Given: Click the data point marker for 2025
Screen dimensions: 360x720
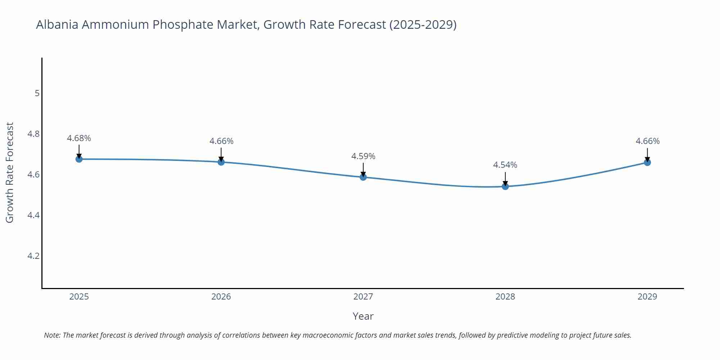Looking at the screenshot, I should (x=79, y=159).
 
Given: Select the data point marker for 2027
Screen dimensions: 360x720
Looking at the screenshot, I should (x=363, y=177).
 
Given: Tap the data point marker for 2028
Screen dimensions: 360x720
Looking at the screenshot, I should (x=505, y=186).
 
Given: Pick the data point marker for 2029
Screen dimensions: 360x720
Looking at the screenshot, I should (x=647, y=162).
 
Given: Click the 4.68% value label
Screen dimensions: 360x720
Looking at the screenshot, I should (x=79, y=138).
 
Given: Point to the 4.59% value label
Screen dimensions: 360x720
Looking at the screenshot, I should (x=363, y=156).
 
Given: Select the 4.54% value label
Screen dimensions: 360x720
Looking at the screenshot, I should (x=505, y=165).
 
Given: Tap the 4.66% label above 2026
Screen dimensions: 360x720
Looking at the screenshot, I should (x=221, y=141).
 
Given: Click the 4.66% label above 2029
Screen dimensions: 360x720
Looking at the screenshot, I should (x=648, y=141).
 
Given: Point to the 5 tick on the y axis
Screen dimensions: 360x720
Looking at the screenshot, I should (x=37, y=93).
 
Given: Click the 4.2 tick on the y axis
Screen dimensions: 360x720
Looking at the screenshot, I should (x=33, y=256).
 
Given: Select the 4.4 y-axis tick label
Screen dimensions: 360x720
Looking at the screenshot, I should (x=33, y=215).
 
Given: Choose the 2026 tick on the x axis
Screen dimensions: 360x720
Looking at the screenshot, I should (x=221, y=297).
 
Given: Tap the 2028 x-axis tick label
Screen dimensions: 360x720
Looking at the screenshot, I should (x=505, y=297).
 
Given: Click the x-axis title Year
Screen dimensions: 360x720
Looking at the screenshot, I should (x=363, y=316).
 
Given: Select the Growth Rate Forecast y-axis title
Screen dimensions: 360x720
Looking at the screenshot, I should (x=10, y=172).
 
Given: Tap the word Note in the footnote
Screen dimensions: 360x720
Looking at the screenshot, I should (x=52, y=335).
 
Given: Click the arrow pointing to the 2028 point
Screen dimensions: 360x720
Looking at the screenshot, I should (x=505, y=178).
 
